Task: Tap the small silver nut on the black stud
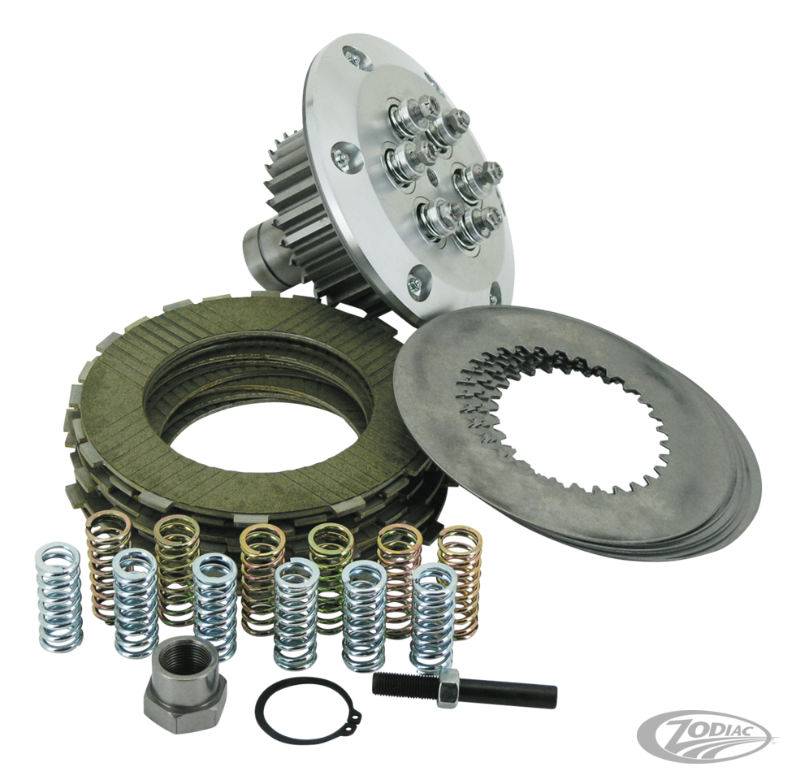click(x=445, y=691)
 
